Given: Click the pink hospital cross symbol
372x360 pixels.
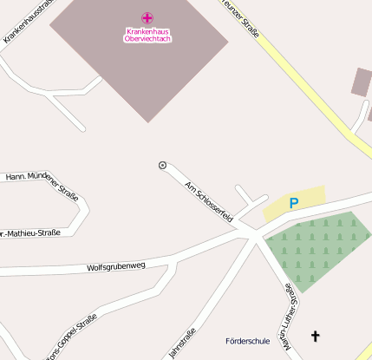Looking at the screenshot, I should click(147, 17).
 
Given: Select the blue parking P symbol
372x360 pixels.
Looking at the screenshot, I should click(294, 203).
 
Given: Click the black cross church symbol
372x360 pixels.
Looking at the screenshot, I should click(315, 335).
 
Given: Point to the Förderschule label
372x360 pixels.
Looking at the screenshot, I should click(247, 340).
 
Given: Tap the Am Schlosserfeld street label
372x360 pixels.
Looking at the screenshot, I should click(209, 201).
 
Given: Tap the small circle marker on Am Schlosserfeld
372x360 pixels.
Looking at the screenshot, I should click(162, 165).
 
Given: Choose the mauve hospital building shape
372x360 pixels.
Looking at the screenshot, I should click(139, 69).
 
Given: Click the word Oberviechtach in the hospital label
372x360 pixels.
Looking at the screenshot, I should click(147, 39).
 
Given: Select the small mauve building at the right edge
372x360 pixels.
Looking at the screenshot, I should click(362, 82).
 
